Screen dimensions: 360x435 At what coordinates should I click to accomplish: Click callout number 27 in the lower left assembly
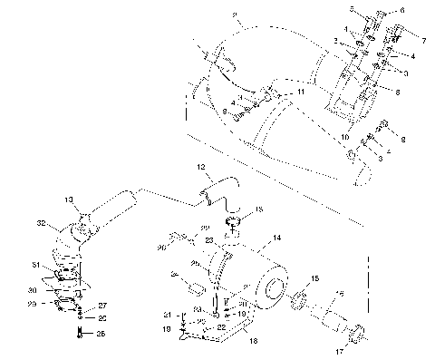pos(102,306)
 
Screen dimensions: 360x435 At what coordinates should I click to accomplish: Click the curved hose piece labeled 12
pos(215,191)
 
